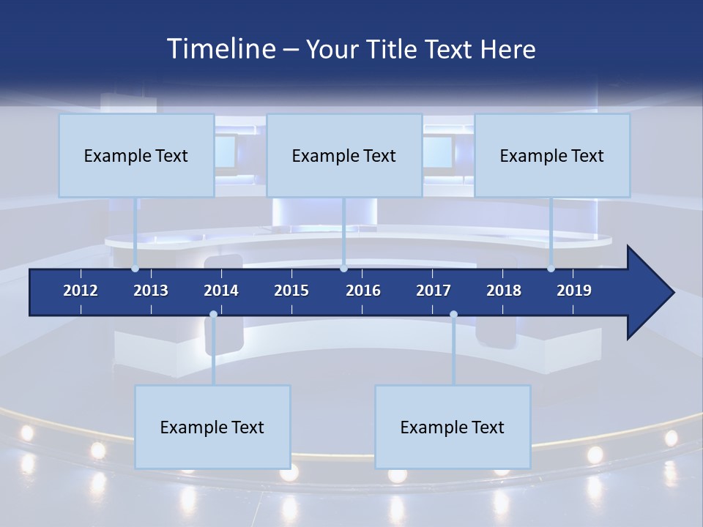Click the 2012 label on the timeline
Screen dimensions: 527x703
[x=81, y=291]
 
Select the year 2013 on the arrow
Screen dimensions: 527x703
[x=151, y=291]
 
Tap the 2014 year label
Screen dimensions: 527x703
[x=221, y=291]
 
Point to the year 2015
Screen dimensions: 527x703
[x=291, y=291]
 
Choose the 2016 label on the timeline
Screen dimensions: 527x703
[x=363, y=291]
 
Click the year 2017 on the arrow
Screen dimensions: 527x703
[x=434, y=291]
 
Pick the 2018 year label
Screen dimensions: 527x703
[x=504, y=291]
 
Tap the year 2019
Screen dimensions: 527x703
[x=574, y=291]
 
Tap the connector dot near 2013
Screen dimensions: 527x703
[x=135, y=269]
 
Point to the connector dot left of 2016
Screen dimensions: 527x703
[x=343, y=269]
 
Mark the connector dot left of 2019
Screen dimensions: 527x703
[x=551, y=269]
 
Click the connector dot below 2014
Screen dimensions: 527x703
[x=213, y=315]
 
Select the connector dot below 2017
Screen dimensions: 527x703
[x=453, y=315]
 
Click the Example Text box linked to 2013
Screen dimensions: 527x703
[x=136, y=155]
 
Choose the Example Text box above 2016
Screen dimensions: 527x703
[x=344, y=155]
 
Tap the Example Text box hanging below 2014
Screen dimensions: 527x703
[x=212, y=427]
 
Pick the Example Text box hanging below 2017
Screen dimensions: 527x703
[x=453, y=427]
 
